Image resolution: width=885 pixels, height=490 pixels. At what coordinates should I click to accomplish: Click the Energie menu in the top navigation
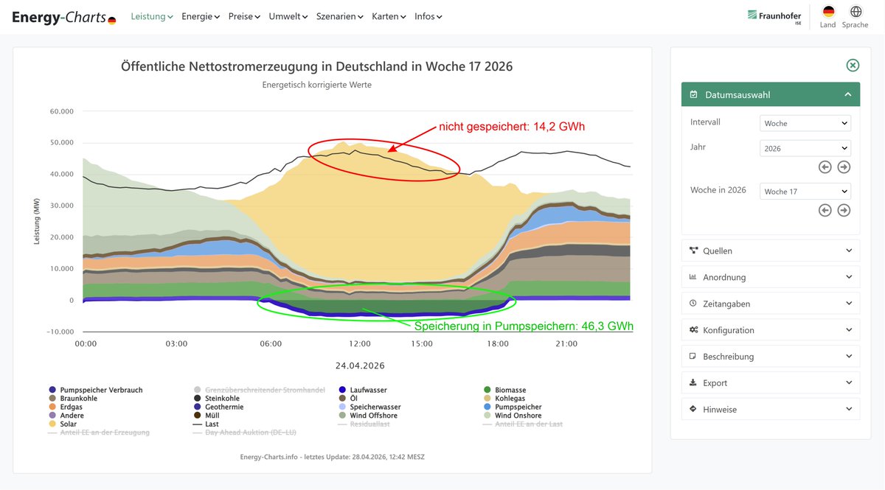tap(201, 16)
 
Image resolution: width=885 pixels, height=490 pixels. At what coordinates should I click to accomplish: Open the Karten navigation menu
tap(389, 16)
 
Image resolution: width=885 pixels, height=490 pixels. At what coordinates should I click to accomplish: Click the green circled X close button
tap(853, 66)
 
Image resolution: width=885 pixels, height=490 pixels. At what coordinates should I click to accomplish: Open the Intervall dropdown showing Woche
tap(805, 123)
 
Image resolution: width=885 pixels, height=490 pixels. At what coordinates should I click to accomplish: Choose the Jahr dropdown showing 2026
tap(805, 148)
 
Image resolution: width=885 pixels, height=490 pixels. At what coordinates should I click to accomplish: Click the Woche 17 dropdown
tap(805, 192)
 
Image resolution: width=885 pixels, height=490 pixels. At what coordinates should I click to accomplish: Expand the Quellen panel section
tap(770, 251)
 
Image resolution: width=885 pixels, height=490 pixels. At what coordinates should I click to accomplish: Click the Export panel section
tap(770, 383)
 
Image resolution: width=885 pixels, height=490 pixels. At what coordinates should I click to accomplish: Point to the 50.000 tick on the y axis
tap(62, 143)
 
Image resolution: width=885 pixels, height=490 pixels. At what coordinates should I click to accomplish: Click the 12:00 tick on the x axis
tap(360, 343)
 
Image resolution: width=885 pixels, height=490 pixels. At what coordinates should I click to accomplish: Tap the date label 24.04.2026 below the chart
tap(360, 365)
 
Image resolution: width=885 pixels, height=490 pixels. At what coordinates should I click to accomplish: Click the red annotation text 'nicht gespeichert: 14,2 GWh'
tap(512, 127)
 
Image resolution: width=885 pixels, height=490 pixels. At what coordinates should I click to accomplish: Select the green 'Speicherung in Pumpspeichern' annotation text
tap(524, 326)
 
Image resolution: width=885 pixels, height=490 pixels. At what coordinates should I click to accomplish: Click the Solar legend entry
tap(68, 424)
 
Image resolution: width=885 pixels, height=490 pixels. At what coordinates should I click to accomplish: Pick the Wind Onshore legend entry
tap(518, 416)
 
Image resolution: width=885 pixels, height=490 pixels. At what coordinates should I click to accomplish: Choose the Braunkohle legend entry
tap(78, 399)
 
